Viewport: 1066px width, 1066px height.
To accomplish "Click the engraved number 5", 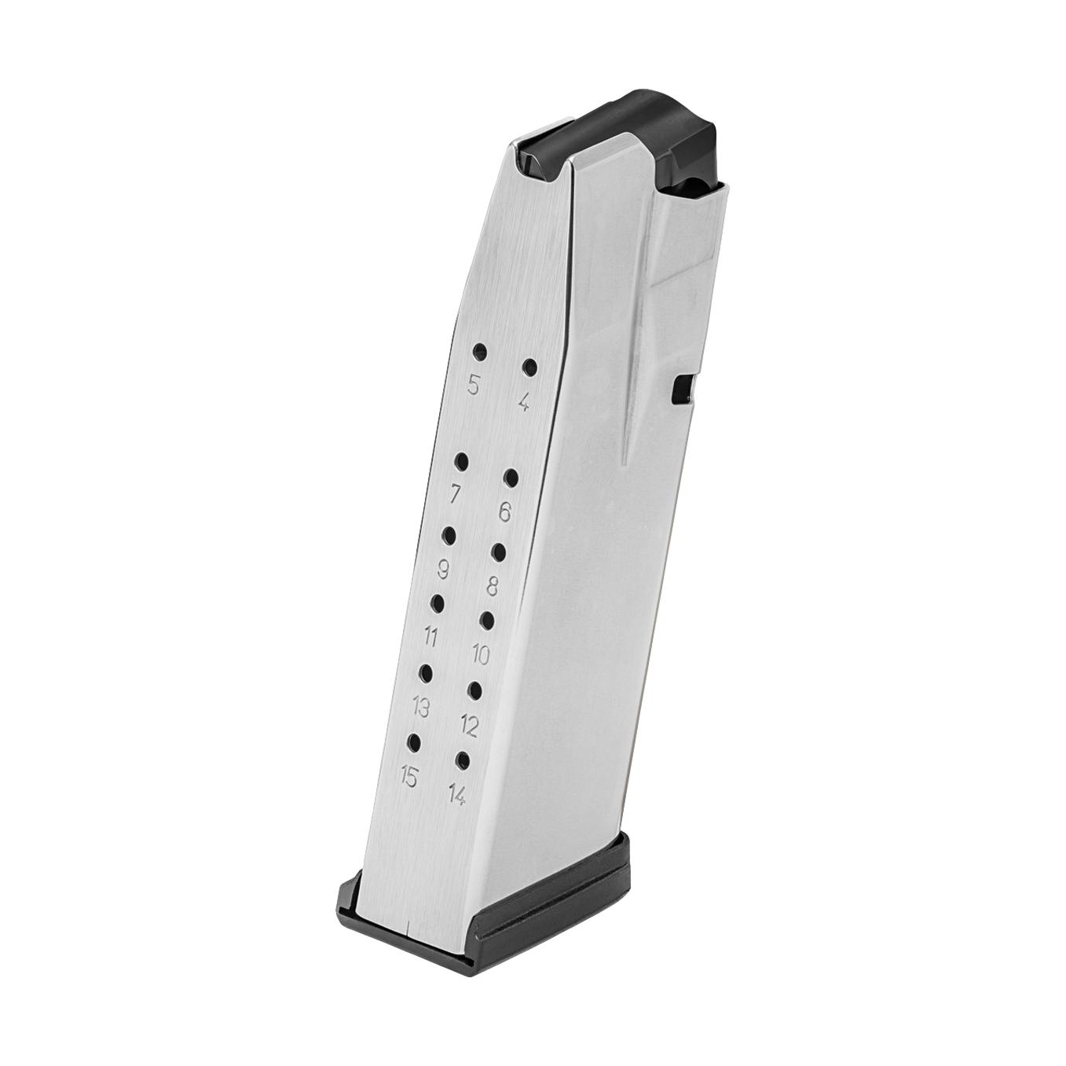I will [473, 385].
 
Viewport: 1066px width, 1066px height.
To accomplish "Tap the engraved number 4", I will [524, 403].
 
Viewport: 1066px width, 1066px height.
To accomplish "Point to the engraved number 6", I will [505, 512].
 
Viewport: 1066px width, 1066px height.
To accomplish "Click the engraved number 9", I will [443, 570].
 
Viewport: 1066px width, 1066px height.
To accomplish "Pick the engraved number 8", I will [493, 586].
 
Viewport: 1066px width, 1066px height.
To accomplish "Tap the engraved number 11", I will [430, 637].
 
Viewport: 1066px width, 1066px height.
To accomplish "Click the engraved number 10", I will [480, 654].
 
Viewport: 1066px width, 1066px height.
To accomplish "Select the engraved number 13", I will [421, 708].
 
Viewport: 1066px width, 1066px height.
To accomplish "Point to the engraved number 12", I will [468, 727].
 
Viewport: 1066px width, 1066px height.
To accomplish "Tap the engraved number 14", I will [456, 796].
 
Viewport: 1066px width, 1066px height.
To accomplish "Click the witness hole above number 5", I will [479, 351].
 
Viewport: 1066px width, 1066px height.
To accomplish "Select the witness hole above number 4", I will [530, 368].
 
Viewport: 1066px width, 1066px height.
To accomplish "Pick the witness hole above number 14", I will [463, 760].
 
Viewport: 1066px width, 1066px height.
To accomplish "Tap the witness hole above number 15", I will [413, 742].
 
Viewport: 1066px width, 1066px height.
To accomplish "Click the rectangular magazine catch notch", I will [683, 389].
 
